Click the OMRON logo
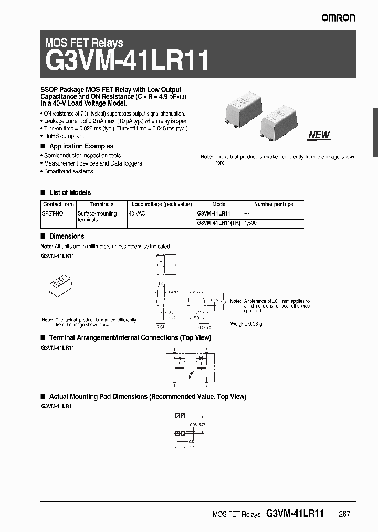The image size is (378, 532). tap(339, 17)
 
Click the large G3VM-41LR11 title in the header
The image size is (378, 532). tap(127, 62)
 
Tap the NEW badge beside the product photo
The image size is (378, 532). tap(319, 135)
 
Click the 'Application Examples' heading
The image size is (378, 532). tap(81, 146)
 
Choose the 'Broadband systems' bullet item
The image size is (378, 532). tap(68, 171)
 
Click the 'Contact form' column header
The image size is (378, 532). tap(58, 204)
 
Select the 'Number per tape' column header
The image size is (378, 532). tap(274, 204)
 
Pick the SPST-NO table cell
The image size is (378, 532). tap(51, 214)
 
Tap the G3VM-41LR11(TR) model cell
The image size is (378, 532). tap(218, 223)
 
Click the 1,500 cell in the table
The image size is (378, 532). tap(251, 223)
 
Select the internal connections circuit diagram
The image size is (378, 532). tap(190, 365)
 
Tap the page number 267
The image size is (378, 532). tap(344, 514)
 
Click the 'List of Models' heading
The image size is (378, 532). tap(70, 192)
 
